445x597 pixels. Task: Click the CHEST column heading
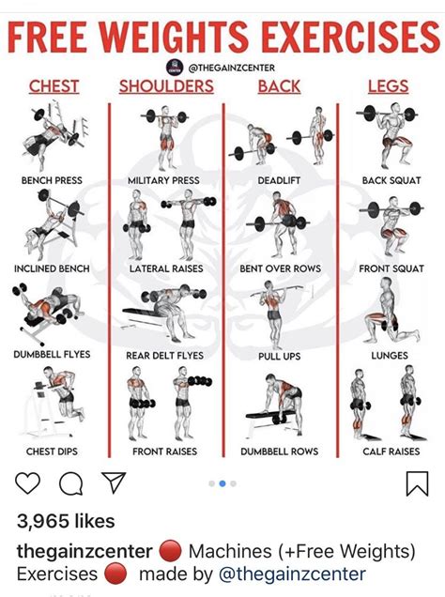coord(54,86)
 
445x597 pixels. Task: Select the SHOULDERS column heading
coord(166,86)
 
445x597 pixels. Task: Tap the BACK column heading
coord(279,86)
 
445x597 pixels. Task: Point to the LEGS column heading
coord(388,86)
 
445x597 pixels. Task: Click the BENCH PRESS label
coord(53,180)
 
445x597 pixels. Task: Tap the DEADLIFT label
coord(279,180)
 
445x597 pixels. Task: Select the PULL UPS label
coord(279,357)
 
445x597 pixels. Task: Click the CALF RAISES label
coord(391,452)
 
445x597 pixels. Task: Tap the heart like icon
coord(28,483)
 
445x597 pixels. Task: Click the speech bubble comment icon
coord(70,483)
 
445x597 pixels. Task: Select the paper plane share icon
coord(114,483)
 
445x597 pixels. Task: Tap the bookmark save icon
coord(417,483)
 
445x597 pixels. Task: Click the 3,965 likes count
coord(66,521)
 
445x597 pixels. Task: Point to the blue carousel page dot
coord(222,483)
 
